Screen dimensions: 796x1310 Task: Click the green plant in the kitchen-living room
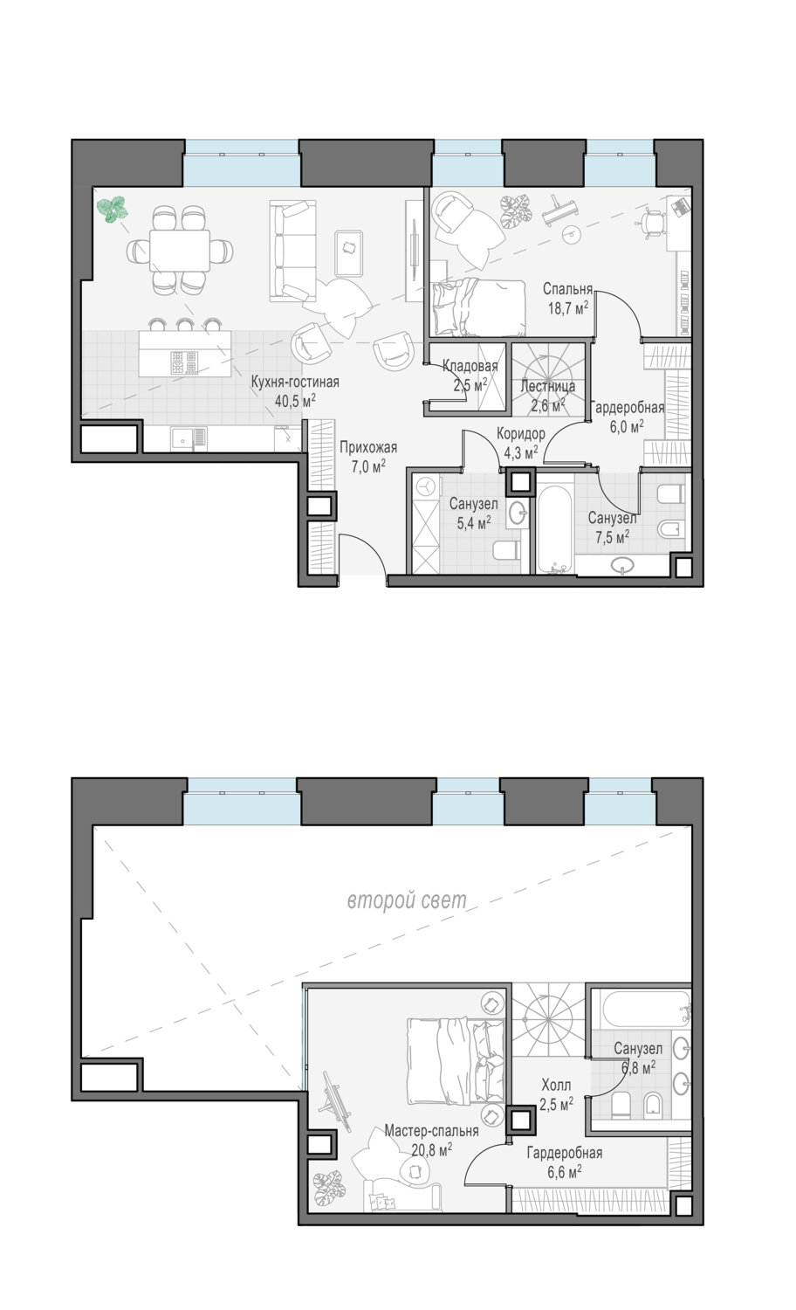pos(112,210)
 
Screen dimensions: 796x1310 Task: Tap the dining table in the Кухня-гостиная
pos(180,251)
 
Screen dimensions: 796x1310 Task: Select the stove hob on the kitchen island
pos(184,362)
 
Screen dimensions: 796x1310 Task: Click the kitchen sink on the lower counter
pos(189,439)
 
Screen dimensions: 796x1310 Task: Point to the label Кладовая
pos(470,366)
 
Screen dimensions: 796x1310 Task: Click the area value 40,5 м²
pos(295,401)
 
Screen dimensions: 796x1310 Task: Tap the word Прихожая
pos(368,447)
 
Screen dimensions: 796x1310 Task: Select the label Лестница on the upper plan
pos(547,386)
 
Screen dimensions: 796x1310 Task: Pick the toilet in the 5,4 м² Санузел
pos(507,550)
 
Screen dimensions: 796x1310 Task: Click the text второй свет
pos(407,900)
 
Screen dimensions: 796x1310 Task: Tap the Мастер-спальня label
pos(431,1131)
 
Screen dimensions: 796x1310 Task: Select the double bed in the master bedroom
pos(456,1061)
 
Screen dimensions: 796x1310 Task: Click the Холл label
pos(556,1085)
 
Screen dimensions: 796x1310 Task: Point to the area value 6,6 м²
pos(565,1171)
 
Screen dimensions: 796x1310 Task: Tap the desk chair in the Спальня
pos(654,223)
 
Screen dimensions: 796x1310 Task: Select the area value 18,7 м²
pos(567,307)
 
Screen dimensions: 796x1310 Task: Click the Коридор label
pos(521,433)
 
